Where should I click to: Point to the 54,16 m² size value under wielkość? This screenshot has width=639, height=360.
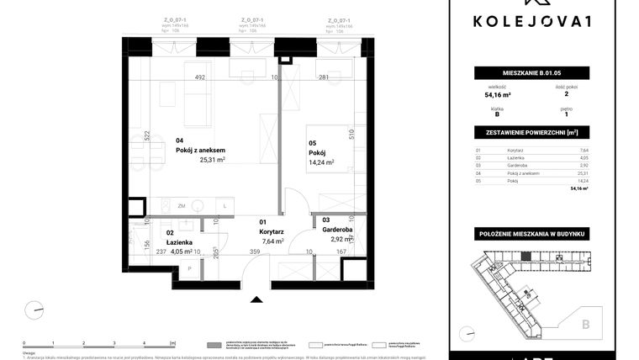pyautogui.click(x=496, y=95)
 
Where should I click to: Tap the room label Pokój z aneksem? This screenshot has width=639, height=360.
pyautogui.click(x=200, y=151)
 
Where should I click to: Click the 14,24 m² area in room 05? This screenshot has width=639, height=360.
pyautogui.click(x=321, y=163)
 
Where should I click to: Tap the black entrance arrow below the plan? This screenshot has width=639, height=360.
pyautogui.click(x=256, y=297)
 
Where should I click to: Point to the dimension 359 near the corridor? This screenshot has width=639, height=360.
pyautogui.click(x=255, y=250)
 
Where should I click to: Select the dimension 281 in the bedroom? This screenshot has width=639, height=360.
pyautogui.click(x=322, y=78)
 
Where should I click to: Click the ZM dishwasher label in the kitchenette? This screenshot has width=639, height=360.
pyautogui.click(x=181, y=205)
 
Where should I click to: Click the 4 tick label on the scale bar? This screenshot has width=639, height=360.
pyautogui.click(x=144, y=344)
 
